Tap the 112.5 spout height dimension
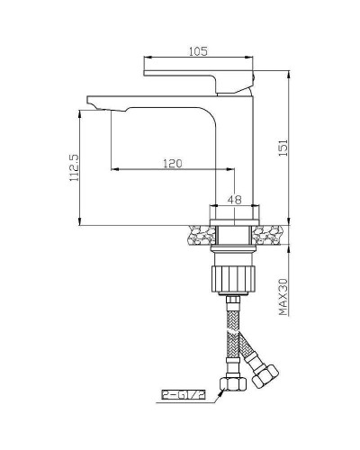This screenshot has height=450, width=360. pos(73,167)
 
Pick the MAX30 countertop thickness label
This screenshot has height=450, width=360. pos(282,296)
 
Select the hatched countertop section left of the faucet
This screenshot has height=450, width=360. pos(200,236)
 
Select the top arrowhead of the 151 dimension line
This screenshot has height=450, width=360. pos(289,76)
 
